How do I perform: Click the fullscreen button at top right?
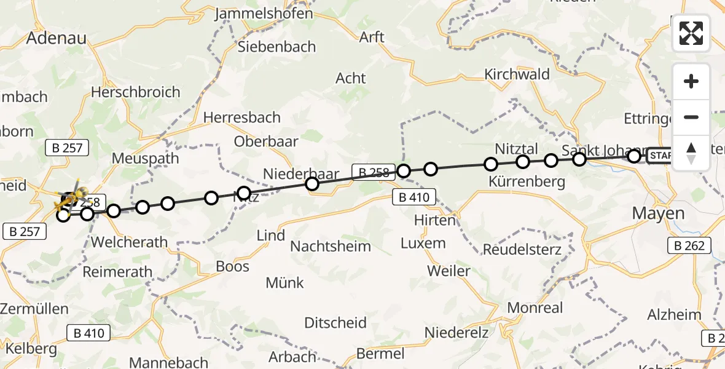click(691, 33)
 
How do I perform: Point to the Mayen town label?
click(658, 213)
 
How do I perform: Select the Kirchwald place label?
click(517, 74)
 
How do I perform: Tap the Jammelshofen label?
click(264, 14)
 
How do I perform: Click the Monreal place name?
click(519, 307)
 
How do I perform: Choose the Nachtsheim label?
click(331, 247)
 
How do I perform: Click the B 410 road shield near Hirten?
click(414, 197)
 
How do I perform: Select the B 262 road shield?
click(689, 245)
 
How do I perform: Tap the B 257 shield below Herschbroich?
click(68, 148)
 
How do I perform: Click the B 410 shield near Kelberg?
click(88, 333)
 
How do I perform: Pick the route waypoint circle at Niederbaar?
click(312, 184)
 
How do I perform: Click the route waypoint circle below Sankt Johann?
click(579, 160)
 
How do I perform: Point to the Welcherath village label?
click(129, 242)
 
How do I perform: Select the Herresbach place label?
click(241, 117)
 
